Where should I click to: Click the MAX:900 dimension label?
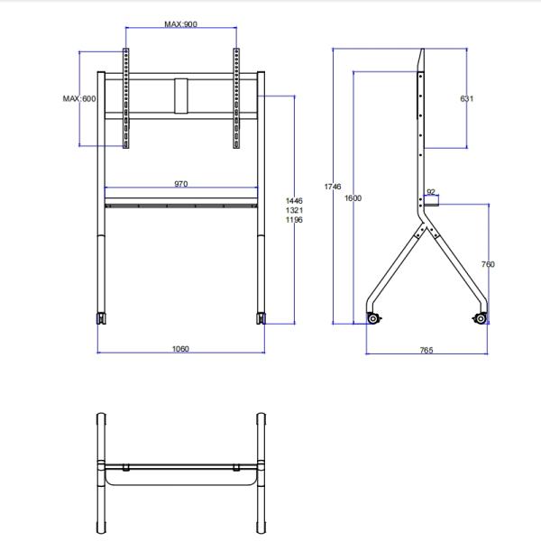click(x=180, y=24)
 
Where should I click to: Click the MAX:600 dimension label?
click(x=79, y=98)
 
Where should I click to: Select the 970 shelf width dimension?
click(x=180, y=184)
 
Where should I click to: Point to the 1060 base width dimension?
click(x=180, y=349)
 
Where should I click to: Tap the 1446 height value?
click(x=294, y=201)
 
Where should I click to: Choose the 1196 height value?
click(x=294, y=220)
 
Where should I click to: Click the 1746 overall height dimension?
click(x=333, y=187)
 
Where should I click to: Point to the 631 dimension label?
click(x=466, y=98)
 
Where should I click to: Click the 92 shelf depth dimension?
click(x=431, y=192)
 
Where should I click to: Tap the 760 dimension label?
click(x=488, y=264)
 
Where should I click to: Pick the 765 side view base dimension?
click(x=426, y=350)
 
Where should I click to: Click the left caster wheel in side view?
click(x=372, y=317)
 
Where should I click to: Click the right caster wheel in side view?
click(x=480, y=317)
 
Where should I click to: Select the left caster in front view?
click(x=101, y=318)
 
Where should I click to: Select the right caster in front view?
click(x=261, y=318)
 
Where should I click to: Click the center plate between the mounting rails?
click(x=182, y=96)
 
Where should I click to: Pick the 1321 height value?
click(x=294, y=210)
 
